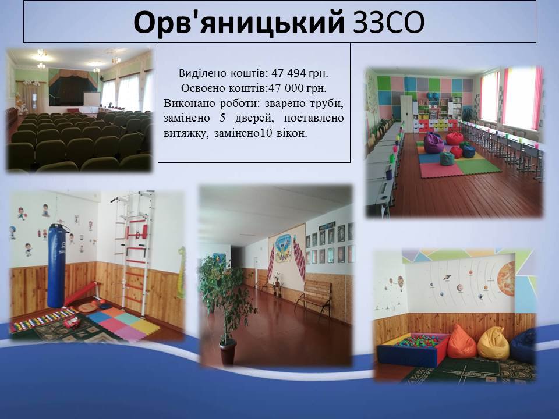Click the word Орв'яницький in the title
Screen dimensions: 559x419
coord(239,22)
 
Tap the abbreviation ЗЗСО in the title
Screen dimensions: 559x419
coord(388,23)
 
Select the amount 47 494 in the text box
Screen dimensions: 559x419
coord(288,73)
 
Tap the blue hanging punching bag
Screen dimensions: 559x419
coord(56,265)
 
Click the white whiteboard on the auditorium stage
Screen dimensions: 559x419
coord(91,99)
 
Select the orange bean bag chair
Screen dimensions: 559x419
coord(461,342)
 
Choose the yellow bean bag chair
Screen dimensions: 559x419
coord(493,343)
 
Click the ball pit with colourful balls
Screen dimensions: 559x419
coord(412,349)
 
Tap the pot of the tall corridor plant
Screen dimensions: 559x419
coord(228,353)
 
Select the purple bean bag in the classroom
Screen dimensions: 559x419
coord(433,143)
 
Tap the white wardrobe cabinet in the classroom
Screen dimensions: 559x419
coord(406,114)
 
